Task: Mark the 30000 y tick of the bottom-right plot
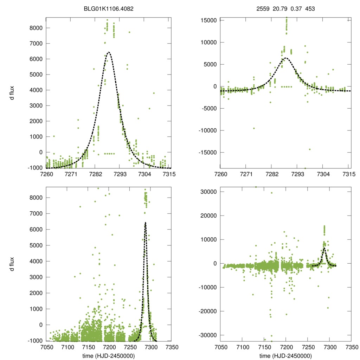pyautogui.click(x=209, y=192)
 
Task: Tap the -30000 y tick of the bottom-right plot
pyautogui.click(x=208, y=335)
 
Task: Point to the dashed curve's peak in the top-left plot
pyautogui.click(x=109, y=52)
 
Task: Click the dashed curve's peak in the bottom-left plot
pyautogui.click(x=145, y=223)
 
